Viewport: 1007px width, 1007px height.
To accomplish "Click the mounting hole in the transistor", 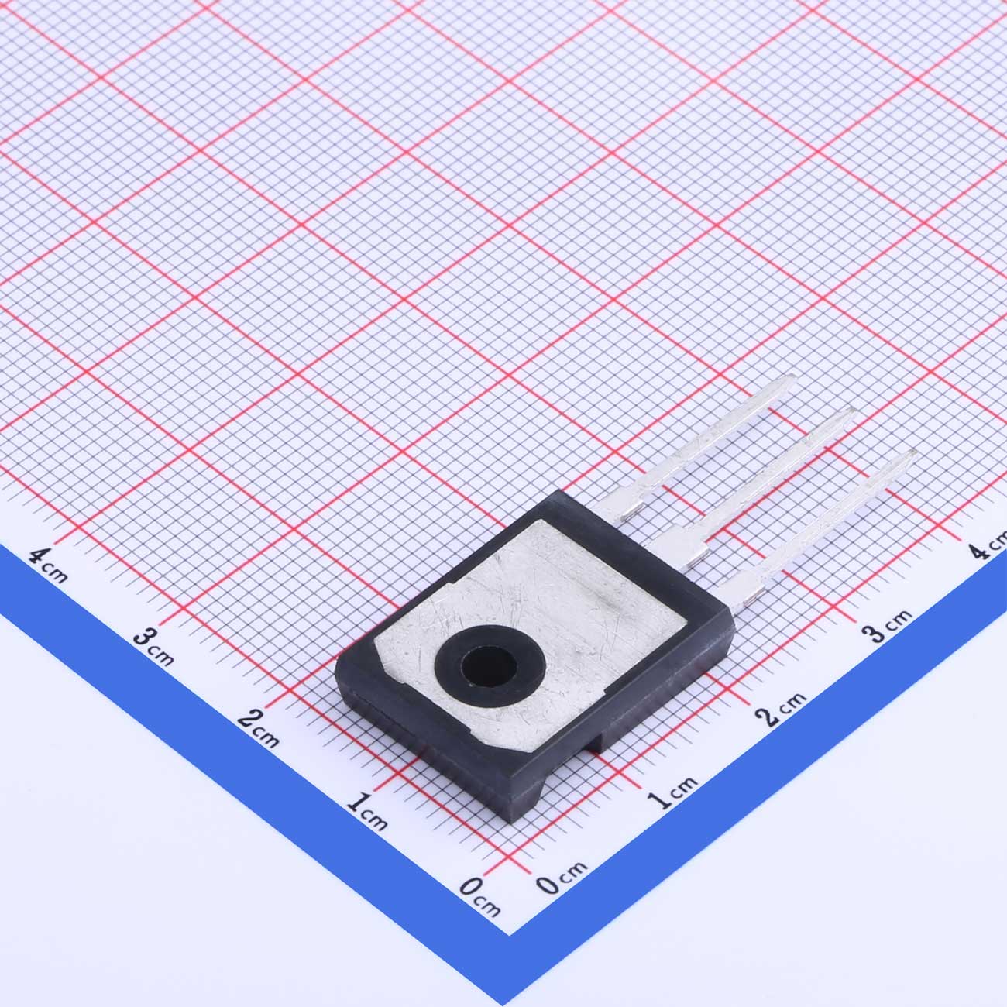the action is (x=489, y=666).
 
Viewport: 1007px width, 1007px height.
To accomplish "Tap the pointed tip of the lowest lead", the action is (x=915, y=451).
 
